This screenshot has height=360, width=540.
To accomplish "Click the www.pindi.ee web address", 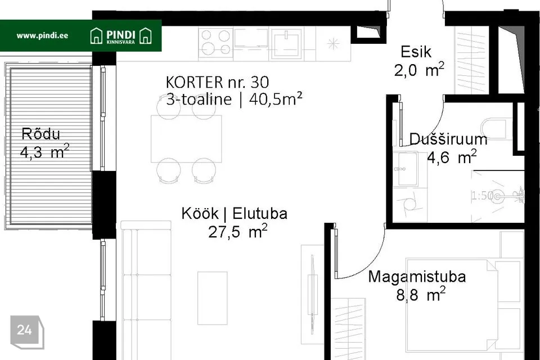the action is pos(42,35).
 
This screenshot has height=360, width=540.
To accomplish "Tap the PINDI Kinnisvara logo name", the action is pos(120,36).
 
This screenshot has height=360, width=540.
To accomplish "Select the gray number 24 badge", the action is pos(27,331).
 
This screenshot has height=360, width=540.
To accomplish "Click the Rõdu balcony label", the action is pos(40,134).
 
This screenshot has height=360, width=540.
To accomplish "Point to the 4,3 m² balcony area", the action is pos(45,152).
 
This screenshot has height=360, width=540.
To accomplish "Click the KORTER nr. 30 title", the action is pos(217,82).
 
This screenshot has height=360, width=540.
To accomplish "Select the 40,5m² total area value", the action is pos(276,100).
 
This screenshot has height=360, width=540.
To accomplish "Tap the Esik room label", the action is pos(416,52).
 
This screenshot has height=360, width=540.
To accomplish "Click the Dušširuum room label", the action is pos(448,139).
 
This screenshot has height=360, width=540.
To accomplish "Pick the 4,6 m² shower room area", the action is pos(452,157).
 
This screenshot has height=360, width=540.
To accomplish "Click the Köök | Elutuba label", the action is pos(234,214).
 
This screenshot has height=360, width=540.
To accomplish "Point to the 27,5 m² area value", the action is pos(237,232).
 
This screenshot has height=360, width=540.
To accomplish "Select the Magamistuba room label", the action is pos(417,277).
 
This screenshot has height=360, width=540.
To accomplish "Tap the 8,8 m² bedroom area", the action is pos(421,295).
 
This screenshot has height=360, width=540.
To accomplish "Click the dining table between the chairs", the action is pos(186,139).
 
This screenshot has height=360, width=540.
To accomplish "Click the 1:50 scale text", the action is pos(482,196).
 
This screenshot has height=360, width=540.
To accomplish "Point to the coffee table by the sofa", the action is pos(213,298).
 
